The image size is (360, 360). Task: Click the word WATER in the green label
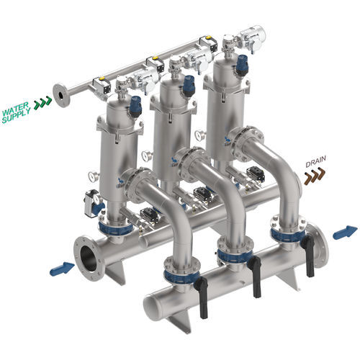pos(15,109)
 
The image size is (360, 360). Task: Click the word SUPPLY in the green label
pos(17,116)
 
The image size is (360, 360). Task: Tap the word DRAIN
pos(315,161)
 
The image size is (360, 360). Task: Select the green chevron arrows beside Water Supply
pos(42,102)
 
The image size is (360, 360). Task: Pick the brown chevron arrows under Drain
pos(315,176)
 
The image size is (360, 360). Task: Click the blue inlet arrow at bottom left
pos(62,269)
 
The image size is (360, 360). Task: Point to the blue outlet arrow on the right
pos(346,232)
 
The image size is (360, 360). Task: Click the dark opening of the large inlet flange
pos(89,258)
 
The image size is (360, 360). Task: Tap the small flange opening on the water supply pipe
pos(61,95)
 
